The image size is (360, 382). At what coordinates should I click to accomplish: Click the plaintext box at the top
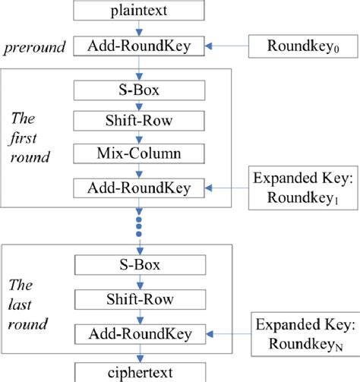[x=139, y=11]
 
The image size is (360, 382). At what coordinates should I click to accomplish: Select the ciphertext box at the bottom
[x=139, y=372]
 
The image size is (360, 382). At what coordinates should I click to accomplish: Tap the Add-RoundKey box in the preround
[x=139, y=46]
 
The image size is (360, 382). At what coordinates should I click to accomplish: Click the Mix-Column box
[x=139, y=154]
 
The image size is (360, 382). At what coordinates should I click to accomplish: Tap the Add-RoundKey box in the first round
[x=139, y=186]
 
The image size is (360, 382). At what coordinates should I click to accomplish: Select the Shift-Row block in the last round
[x=139, y=298]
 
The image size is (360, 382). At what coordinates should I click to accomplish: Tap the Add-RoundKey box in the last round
[x=139, y=332]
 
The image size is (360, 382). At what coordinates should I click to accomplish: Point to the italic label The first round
[x=31, y=137]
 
